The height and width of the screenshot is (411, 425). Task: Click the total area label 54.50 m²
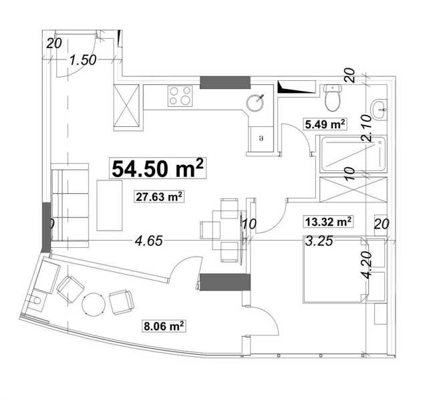(x=158, y=168)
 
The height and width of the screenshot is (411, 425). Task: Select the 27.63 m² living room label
(x=159, y=196)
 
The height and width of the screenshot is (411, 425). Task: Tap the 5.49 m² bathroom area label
(x=325, y=124)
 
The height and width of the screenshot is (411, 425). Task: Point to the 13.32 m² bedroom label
(x=328, y=221)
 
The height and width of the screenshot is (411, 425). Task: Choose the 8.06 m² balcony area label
(x=164, y=325)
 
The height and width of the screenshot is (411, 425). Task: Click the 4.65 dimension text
(x=149, y=241)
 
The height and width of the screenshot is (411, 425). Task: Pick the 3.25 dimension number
(x=319, y=241)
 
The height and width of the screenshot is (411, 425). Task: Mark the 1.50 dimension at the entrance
(x=83, y=60)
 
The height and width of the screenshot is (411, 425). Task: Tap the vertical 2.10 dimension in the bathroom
(x=366, y=128)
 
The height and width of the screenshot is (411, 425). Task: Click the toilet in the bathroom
(x=332, y=98)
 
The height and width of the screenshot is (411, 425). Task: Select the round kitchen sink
(x=255, y=102)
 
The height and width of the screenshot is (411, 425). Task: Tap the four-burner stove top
(x=180, y=96)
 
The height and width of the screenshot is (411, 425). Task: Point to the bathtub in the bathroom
(x=353, y=154)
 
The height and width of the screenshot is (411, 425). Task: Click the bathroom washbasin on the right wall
(x=379, y=110)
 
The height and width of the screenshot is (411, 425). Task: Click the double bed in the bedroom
(x=335, y=270)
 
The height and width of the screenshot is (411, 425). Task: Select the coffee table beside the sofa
(x=110, y=205)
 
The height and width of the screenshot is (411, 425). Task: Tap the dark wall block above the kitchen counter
(x=225, y=82)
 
